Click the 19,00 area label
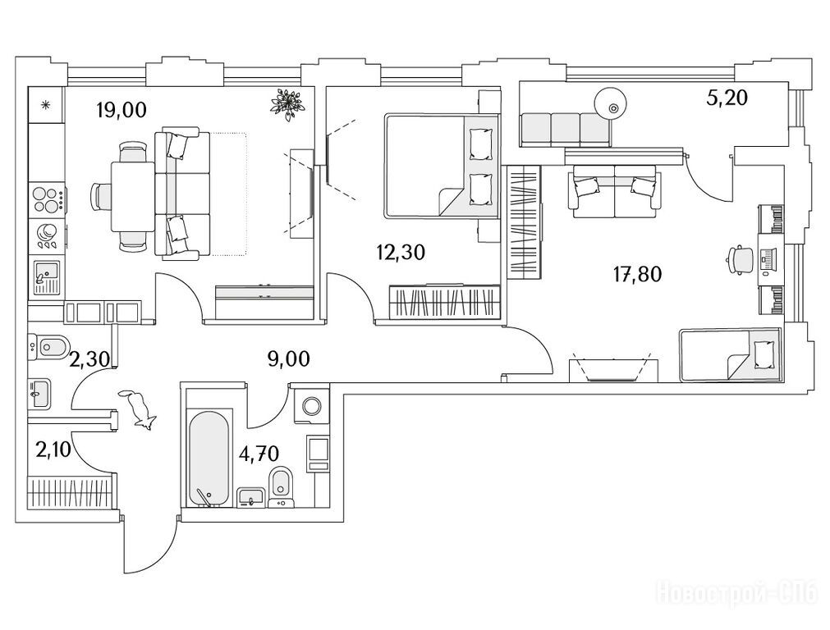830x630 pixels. pyautogui.click(x=122, y=111)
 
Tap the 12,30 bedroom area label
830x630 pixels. pyautogui.click(x=401, y=253)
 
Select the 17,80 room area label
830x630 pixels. pyautogui.click(x=637, y=275)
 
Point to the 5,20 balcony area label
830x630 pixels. pyautogui.click(x=727, y=98)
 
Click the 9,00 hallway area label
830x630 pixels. pyautogui.click(x=289, y=359)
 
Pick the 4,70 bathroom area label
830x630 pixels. pyautogui.click(x=259, y=454)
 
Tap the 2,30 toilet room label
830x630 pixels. pyautogui.click(x=90, y=360)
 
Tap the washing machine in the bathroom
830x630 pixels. pyautogui.click(x=310, y=406)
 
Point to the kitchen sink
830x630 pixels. pyautogui.click(x=47, y=278)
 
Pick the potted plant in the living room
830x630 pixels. pyautogui.click(x=288, y=104)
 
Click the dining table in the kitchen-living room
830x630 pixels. pyautogui.click(x=132, y=196)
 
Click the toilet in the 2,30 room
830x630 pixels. pyautogui.click(x=50, y=347)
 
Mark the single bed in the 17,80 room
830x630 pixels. pyautogui.click(x=730, y=355)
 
